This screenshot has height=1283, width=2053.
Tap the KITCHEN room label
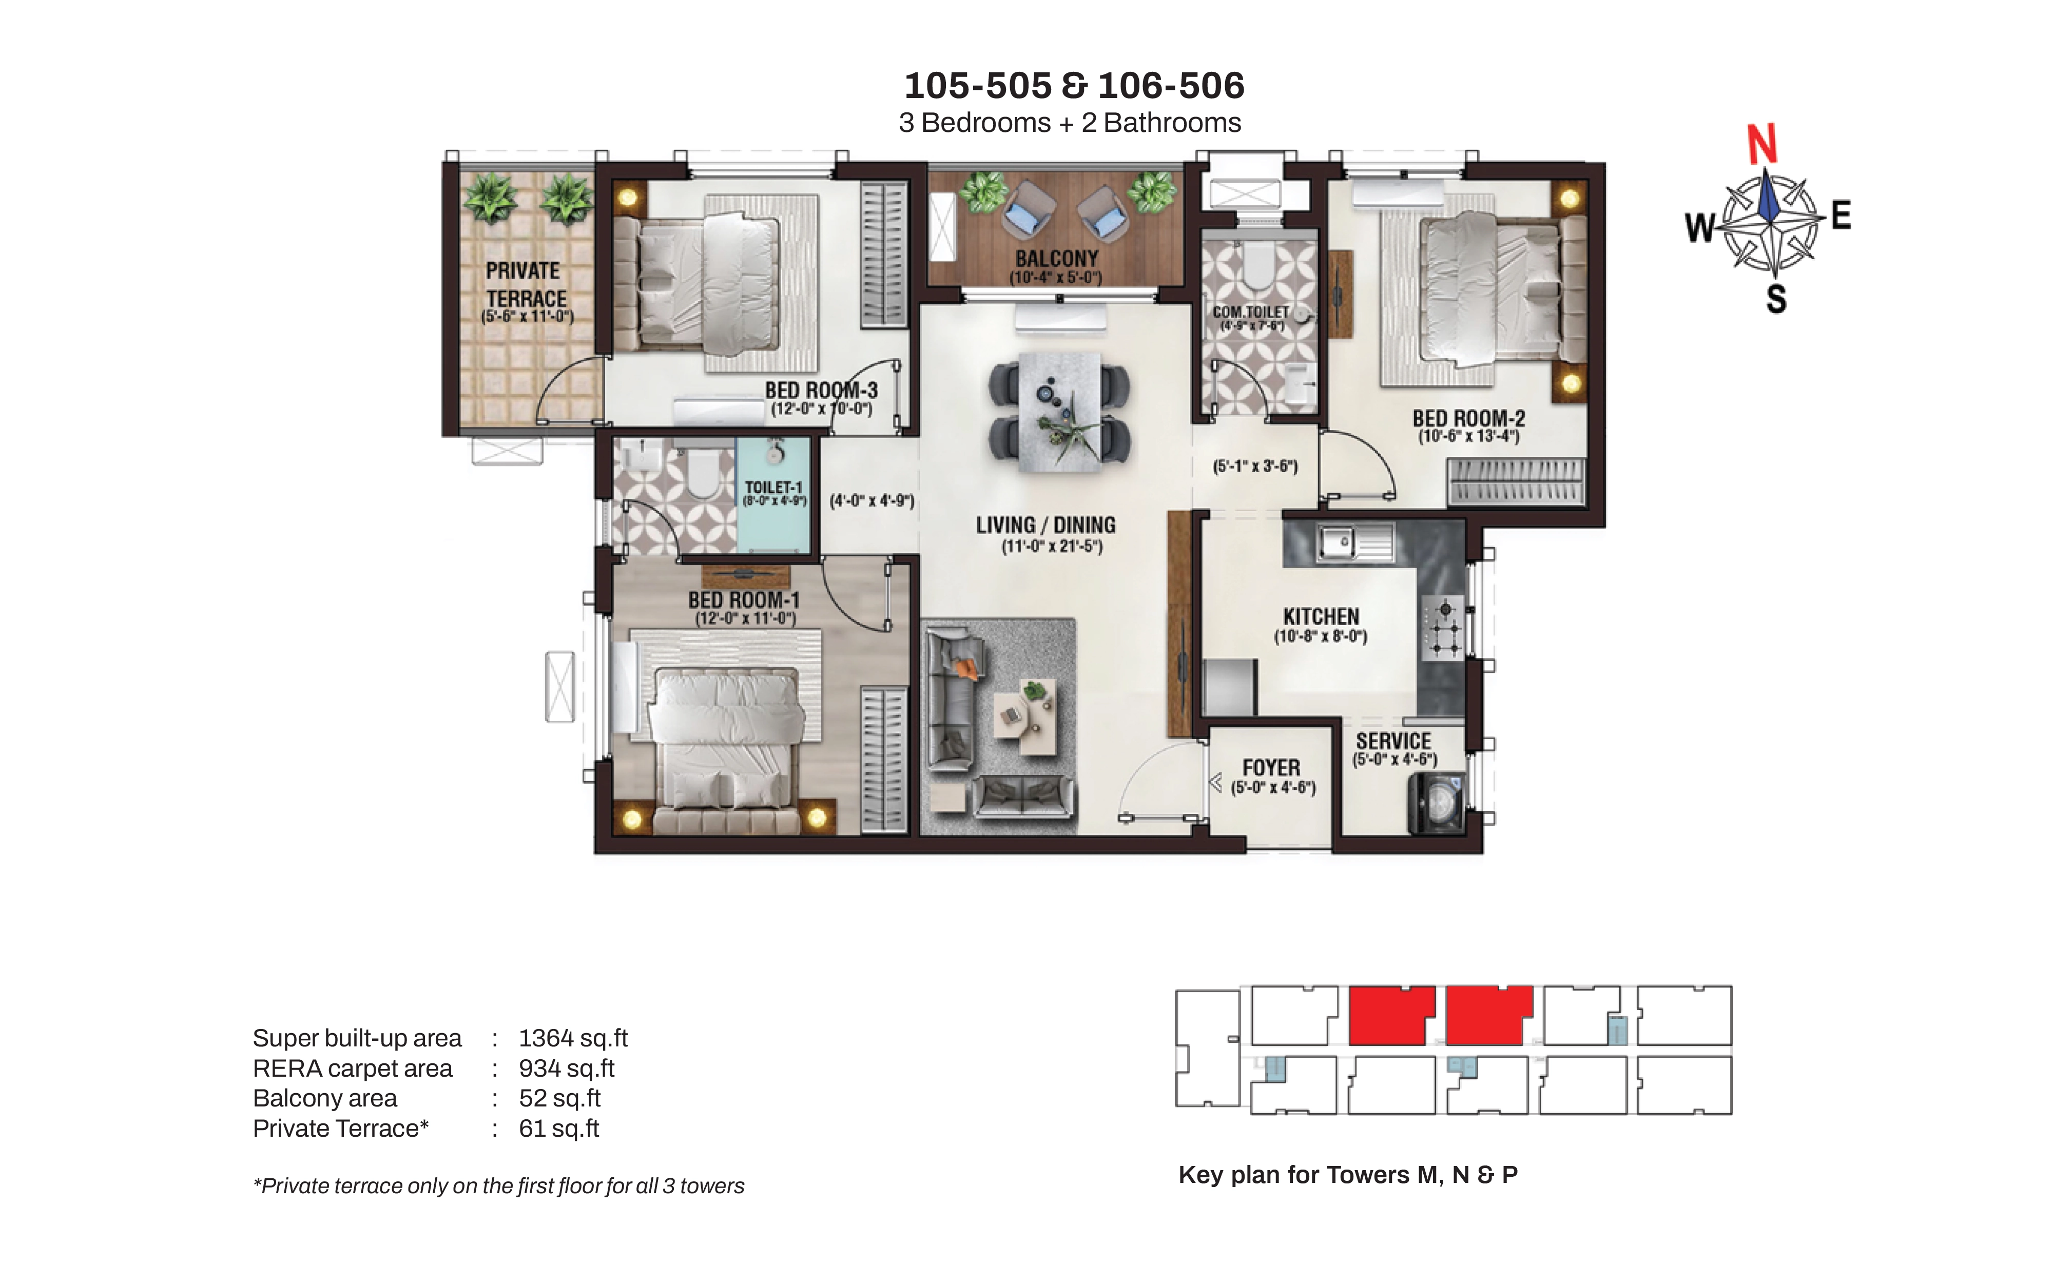[1321, 617]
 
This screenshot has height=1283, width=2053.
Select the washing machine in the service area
[1436, 802]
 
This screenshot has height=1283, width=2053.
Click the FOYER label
[1271, 768]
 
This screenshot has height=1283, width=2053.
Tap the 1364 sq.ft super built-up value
[573, 1038]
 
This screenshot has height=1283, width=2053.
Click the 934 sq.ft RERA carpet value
[566, 1068]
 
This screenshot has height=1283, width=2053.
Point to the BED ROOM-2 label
[1468, 418]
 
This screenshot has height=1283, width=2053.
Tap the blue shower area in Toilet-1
[773, 495]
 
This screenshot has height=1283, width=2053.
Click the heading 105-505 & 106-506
[1074, 85]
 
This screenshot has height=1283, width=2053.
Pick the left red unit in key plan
[1391, 1015]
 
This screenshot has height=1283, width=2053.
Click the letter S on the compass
[1776, 299]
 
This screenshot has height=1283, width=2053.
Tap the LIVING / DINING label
[1046, 525]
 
